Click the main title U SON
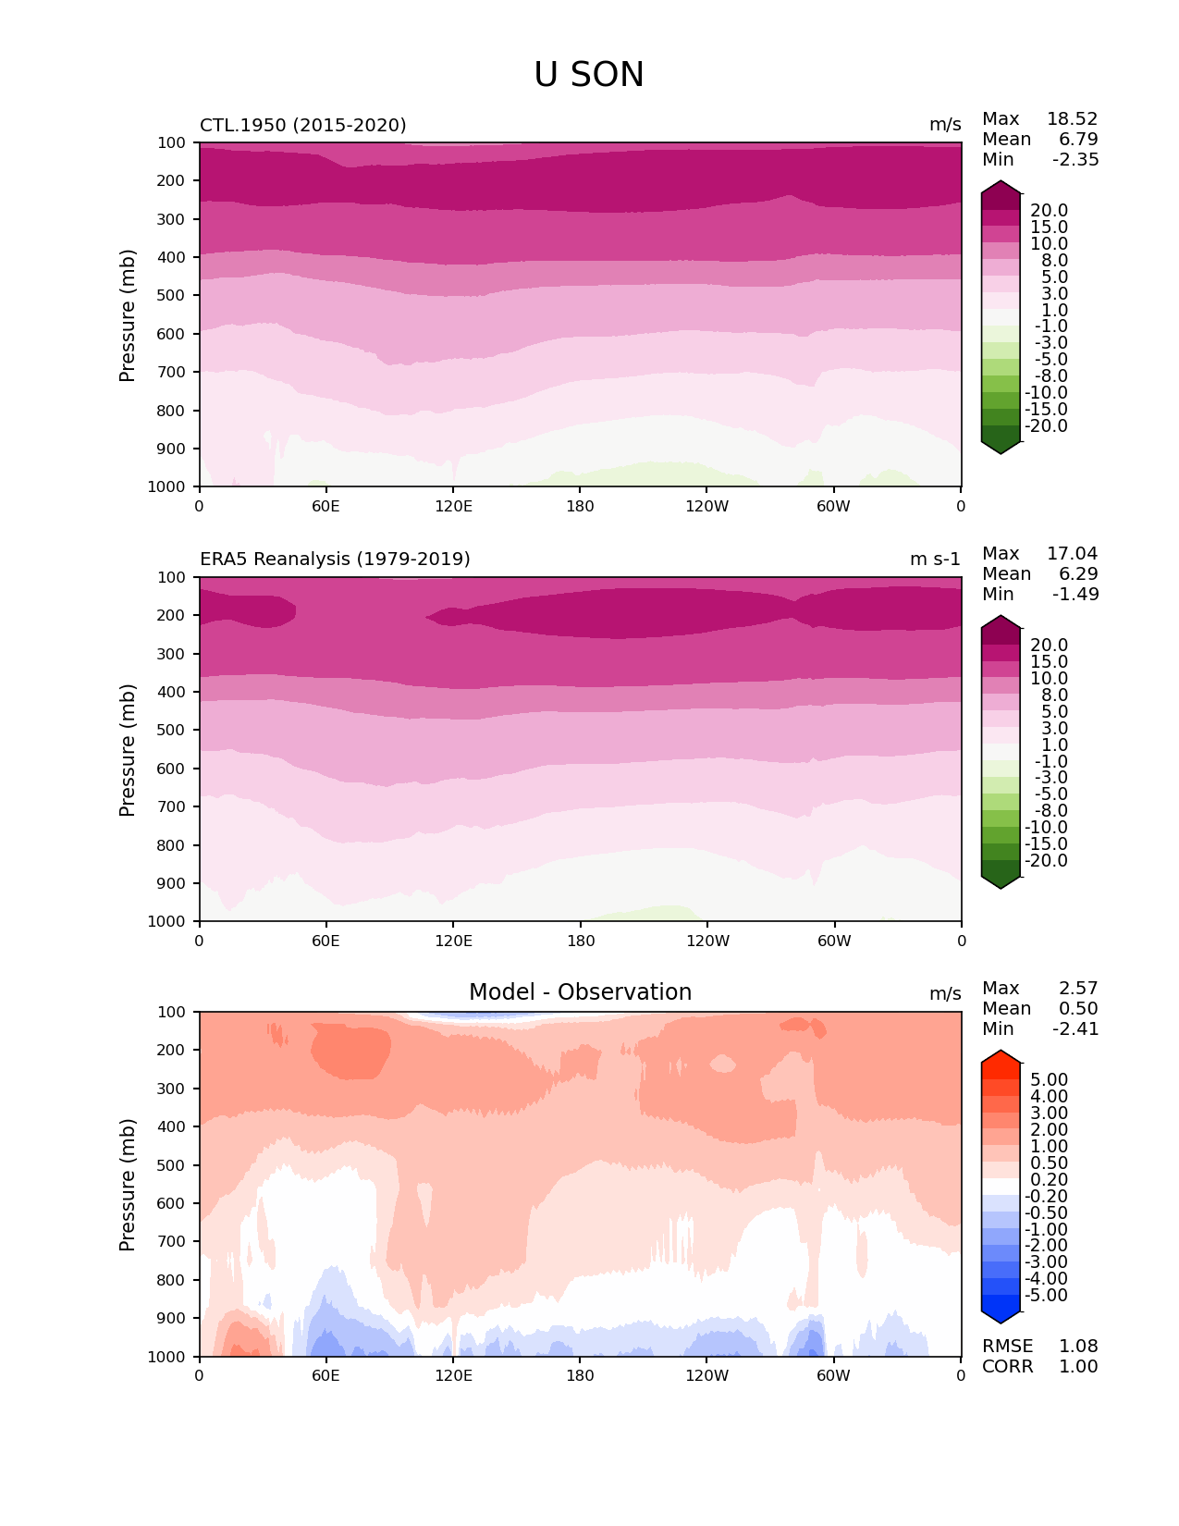[x=588, y=75]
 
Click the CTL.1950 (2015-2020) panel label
[x=302, y=125]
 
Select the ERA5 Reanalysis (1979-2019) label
[x=335, y=560]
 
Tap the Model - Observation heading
[x=580, y=992]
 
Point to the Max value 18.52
[x=1072, y=119]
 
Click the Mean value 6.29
[x=1078, y=574]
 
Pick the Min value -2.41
[x=1075, y=1029]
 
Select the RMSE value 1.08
[x=1078, y=1347]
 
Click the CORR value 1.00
[x=1078, y=1367]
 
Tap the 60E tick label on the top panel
[x=325, y=506]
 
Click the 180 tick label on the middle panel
[x=581, y=941]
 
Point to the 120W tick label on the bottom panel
[x=707, y=1375]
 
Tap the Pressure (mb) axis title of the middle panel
[x=128, y=750]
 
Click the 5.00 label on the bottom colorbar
[x=1049, y=1080]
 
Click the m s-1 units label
[x=935, y=560]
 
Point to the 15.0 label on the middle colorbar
[x=1049, y=662]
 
